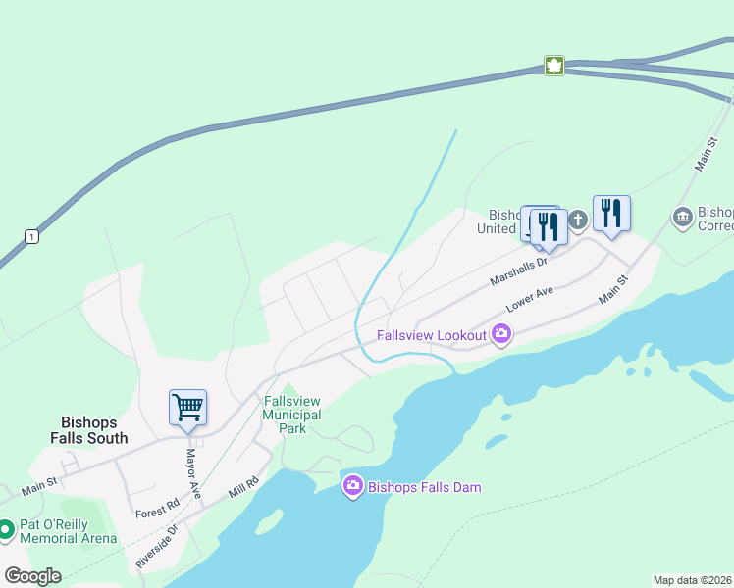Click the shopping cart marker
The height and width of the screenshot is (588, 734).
[187, 407]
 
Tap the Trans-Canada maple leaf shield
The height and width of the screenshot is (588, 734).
[554, 66]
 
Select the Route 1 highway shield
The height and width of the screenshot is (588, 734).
[32, 236]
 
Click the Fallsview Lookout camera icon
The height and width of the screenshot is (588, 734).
[501, 335]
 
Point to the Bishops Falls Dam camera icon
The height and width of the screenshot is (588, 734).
[353, 486]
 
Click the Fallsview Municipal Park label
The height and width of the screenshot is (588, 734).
[292, 415]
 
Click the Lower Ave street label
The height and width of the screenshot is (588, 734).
[531, 299]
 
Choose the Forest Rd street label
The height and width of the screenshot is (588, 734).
[157, 508]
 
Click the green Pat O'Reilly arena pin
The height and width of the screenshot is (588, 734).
[6, 530]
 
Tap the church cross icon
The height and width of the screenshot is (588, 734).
[578, 220]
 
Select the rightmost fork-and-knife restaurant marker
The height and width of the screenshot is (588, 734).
[611, 213]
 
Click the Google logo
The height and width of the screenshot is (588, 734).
[32, 576]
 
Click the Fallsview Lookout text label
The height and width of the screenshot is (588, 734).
[433, 335]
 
